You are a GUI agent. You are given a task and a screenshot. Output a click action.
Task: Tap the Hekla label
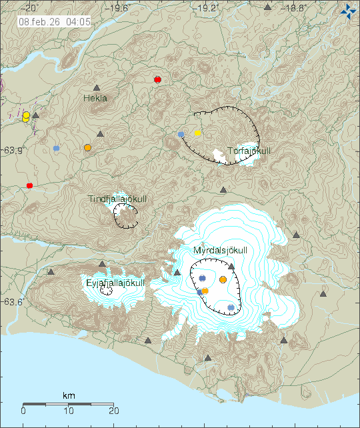(95, 98)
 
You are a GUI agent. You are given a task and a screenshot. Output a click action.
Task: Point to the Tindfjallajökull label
(117, 199)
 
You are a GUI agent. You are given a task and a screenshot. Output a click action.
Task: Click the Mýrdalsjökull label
(220, 250)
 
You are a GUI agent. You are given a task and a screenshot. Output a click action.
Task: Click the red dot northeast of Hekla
(158, 79)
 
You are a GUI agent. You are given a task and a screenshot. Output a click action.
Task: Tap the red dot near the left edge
(29, 185)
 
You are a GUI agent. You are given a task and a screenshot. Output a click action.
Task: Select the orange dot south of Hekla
(87, 147)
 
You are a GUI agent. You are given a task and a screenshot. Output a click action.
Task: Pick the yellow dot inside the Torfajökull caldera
(197, 133)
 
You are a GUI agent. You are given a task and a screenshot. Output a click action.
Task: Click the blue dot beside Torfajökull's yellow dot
(181, 134)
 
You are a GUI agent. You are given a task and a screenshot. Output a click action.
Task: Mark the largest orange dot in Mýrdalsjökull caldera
(223, 280)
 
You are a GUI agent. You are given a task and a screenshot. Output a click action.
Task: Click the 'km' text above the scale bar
(69, 396)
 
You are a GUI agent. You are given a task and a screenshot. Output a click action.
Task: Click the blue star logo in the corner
(348, 11)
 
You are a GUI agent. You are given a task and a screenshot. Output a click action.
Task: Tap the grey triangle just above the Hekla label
(97, 87)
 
